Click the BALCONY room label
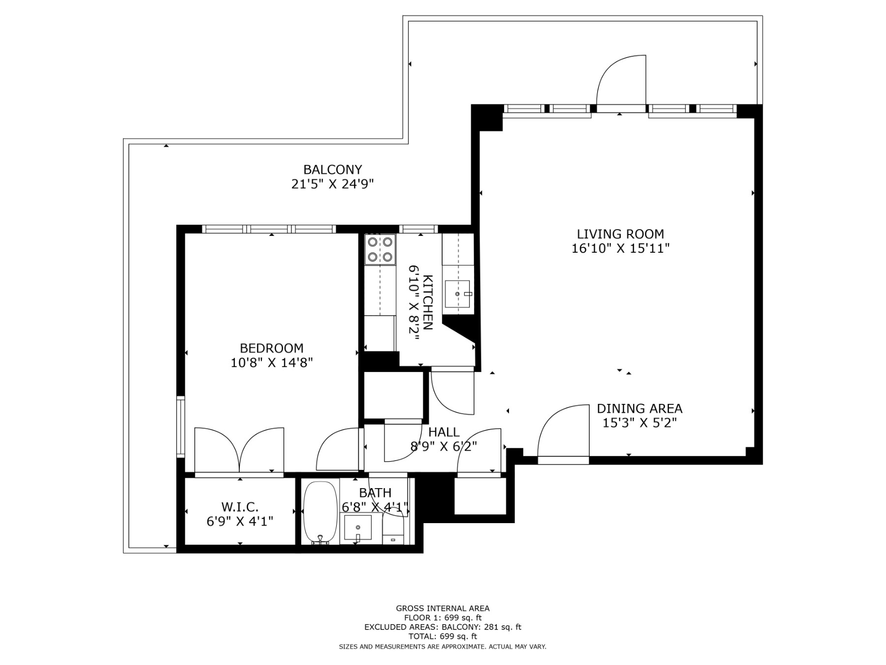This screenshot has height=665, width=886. [332, 169]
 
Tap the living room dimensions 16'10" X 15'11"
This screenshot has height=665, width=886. [620, 248]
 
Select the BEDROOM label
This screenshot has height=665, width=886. [271, 348]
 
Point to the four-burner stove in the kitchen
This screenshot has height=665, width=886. [380, 249]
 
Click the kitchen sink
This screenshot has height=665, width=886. [457, 294]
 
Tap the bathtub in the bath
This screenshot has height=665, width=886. [320, 512]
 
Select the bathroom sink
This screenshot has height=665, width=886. [358, 528]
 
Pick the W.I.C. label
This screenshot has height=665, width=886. [240, 506]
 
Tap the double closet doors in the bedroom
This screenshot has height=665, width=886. [239, 449]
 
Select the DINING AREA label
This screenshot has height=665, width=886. [639, 408]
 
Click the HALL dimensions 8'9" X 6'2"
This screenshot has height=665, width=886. [443, 446]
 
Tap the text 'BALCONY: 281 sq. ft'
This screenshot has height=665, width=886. [481, 627]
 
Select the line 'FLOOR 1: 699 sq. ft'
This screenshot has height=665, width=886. [443, 618]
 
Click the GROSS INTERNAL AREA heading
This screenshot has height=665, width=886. [443, 608]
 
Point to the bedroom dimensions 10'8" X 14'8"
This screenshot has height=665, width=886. [271, 363]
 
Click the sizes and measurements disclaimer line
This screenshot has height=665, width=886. [443, 647]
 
